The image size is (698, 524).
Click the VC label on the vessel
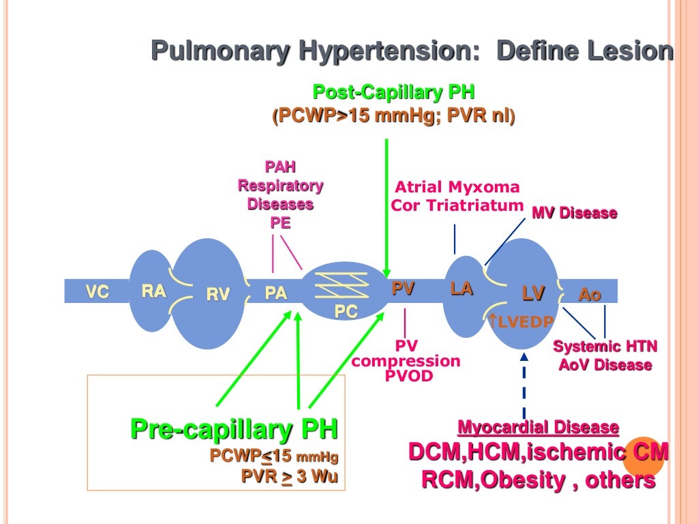coord(97,292)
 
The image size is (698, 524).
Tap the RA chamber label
coord(153,291)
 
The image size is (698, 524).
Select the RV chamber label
coord(218,294)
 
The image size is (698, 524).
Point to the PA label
coord(275,293)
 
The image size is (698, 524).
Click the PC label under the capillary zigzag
coord(346,311)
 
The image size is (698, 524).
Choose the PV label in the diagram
coord(403,289)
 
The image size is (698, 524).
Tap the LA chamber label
coord(461,289)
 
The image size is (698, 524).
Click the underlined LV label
coord(533,293)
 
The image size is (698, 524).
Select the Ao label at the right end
coord(590,295)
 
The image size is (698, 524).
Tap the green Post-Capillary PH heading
coord(393,91)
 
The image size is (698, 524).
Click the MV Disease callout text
coord(574,213)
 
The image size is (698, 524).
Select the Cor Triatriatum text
coord(457,205)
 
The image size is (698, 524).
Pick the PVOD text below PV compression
coord(407,376)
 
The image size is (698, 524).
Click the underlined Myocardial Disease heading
coord(538,428)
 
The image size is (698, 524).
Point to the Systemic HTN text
coord(605,347)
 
